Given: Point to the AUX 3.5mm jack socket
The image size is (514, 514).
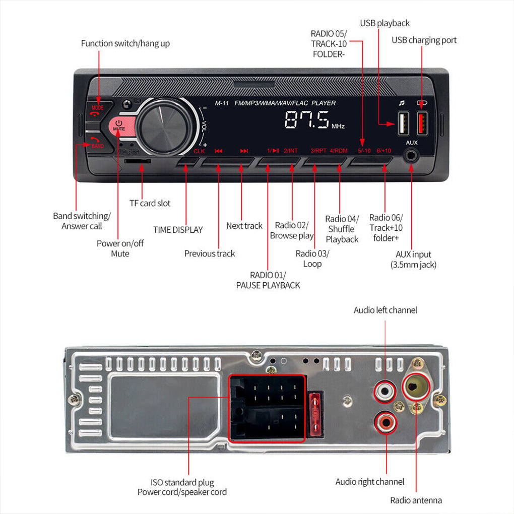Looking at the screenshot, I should [x=412, y=155].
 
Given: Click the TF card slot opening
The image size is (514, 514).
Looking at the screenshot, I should [x=137, y=161].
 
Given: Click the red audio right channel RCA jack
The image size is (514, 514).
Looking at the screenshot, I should [x=385, y=421].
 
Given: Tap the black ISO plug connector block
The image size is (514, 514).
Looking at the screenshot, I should [x=267, y=408].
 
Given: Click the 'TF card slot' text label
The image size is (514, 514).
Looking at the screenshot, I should [x=150, y=203].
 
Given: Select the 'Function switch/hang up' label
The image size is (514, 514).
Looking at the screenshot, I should [x=125, y=43].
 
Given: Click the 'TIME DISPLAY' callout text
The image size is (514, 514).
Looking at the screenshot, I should [x=178, y=230].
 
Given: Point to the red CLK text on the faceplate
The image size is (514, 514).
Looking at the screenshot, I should [x=199, y=151].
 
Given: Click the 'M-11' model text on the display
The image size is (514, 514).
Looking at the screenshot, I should [x=222, y=103].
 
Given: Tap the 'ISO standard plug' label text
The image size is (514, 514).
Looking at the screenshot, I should [x=182, y=482].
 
